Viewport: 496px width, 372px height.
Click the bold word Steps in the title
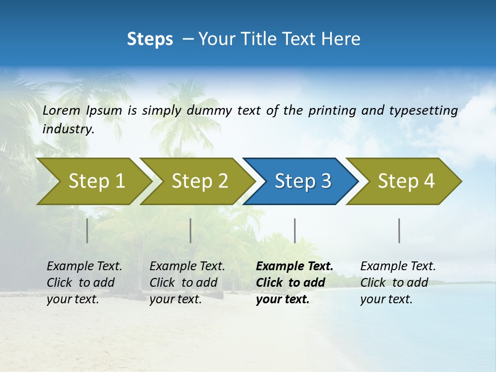(150, 39)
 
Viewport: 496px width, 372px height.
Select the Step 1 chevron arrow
(93, 181)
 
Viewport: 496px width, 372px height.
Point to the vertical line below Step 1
(87, 230)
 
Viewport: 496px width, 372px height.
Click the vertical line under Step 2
(191, 230)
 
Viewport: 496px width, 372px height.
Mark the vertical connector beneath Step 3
(295, 230)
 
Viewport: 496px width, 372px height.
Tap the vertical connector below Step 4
(399, 230)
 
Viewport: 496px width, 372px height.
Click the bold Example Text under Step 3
(295, 267)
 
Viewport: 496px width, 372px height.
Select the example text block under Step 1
(84, 283)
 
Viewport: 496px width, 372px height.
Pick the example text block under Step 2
(187, 283)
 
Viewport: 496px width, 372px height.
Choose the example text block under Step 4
(398, 283)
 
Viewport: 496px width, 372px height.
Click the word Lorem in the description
(62, 111)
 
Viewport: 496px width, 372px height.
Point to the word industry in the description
(68, 129)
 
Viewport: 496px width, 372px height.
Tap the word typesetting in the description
(423, 111)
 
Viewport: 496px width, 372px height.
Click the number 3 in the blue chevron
(326, 181)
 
